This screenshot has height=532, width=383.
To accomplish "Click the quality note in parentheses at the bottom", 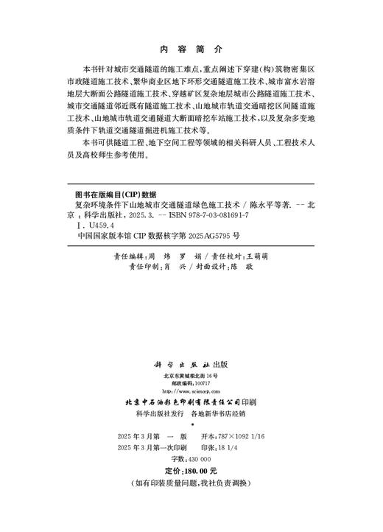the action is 191,483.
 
